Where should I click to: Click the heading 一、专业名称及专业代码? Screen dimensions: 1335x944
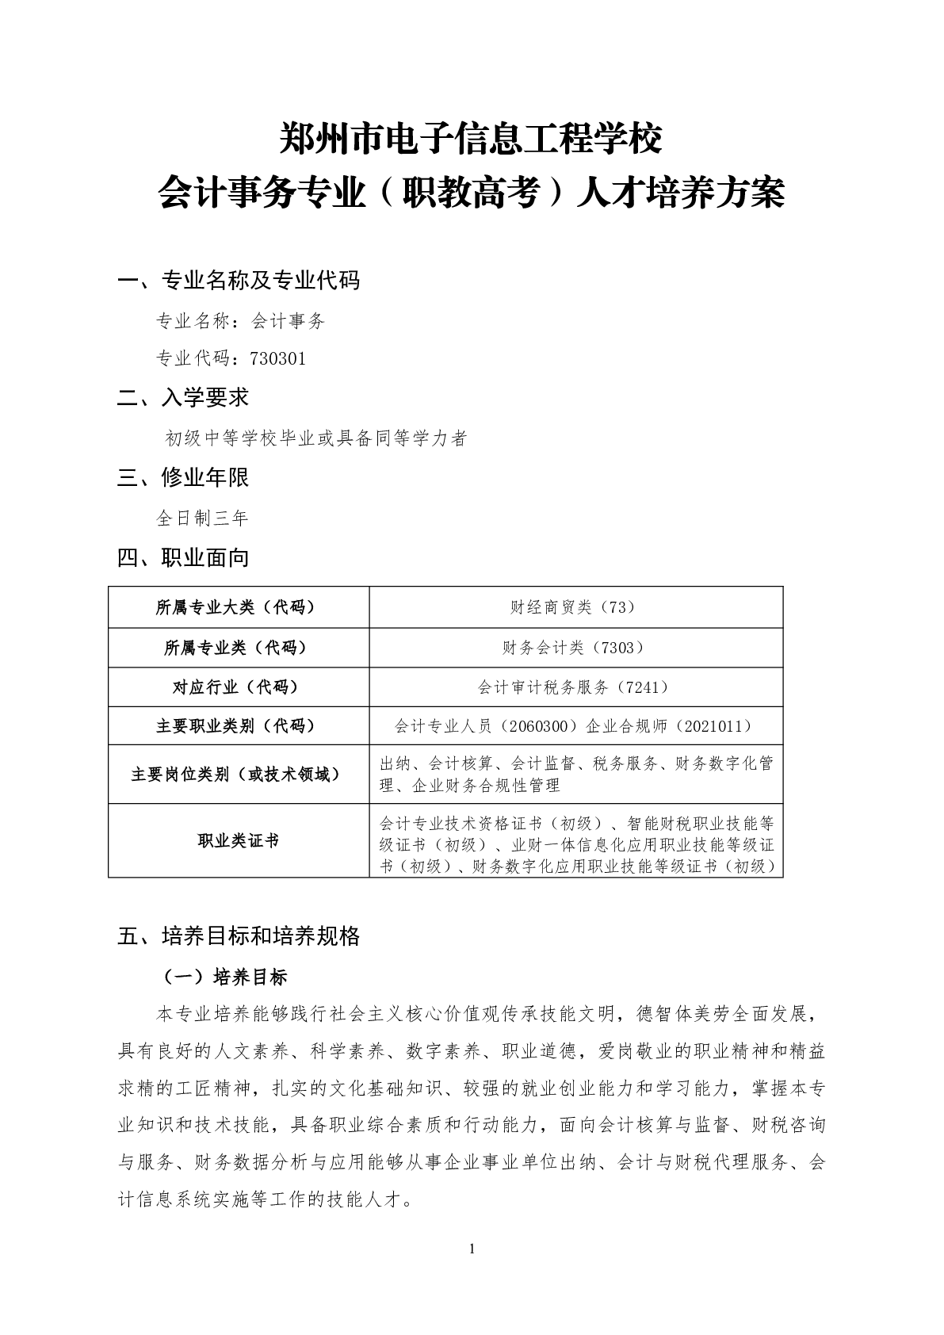point(238,280)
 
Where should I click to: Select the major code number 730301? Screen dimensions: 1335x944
point(277,358)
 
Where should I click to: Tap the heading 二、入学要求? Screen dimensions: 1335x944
point(183,398)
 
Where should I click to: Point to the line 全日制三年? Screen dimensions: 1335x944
point(202,518)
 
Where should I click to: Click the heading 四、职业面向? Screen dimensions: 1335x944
point(183,558)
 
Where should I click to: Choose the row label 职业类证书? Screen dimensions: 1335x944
point(238,841)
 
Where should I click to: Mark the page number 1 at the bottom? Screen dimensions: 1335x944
point(472,1249)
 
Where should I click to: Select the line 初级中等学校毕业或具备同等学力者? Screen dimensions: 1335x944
point(315,438)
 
